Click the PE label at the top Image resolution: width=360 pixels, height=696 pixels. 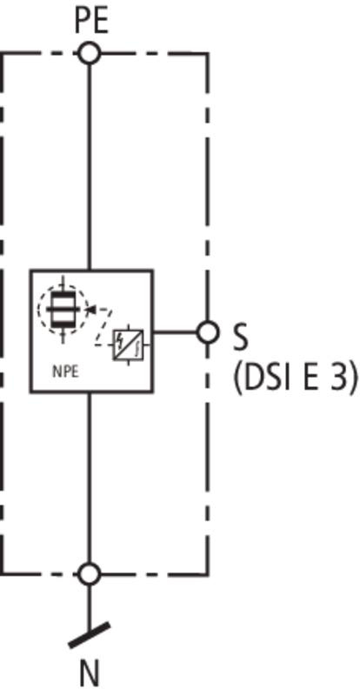91,21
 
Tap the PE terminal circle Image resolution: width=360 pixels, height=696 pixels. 90,54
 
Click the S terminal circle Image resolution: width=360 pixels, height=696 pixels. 207,332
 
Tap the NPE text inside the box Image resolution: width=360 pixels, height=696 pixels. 66,372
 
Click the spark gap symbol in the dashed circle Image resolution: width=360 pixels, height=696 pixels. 63,309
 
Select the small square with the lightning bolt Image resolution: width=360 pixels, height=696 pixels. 129,345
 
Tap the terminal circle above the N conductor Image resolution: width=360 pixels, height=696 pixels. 90,574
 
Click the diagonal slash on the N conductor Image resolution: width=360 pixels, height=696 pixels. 90,635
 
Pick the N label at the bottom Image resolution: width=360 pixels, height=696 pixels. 90,674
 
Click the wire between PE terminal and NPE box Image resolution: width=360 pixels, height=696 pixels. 90,167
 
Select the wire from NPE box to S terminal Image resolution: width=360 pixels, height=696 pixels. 175,332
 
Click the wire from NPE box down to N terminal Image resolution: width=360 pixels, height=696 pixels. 90,478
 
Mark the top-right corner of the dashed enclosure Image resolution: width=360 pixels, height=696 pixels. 207,54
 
